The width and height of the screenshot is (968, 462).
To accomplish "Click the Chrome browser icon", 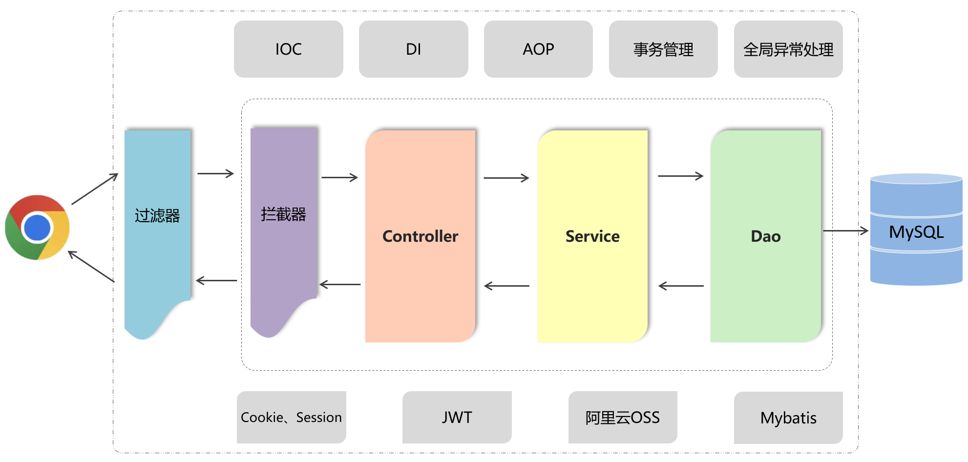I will (37, 228).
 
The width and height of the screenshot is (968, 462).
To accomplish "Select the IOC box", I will (288, 49).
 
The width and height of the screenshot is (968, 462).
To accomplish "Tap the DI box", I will (413, 49).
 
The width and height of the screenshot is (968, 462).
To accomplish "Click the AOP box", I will (538, 49).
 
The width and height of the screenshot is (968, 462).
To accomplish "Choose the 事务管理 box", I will (663, 49).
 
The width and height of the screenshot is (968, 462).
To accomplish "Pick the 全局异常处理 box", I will (788, 49).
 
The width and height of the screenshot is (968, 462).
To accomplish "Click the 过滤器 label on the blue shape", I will (157, 215).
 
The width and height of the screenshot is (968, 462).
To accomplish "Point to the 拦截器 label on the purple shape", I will (283, 214).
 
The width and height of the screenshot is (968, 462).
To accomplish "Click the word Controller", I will (420, 236).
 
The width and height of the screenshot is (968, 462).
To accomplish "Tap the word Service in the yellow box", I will (592, 236).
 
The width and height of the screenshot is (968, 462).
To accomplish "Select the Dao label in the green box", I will (765, 236).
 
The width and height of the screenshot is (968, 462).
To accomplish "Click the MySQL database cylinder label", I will (916, 231).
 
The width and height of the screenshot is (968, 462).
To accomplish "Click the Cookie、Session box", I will (292, 417).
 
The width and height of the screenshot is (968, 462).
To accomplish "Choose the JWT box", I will (457, 417).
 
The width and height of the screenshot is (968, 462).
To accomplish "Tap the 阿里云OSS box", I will (623, 417).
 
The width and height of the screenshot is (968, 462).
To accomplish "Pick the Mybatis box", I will (788, 418).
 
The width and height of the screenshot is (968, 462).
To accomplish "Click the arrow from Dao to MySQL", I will (845, 231).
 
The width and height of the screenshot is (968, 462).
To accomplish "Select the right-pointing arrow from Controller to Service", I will (506, 178).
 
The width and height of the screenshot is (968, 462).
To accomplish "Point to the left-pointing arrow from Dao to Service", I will (681, 286).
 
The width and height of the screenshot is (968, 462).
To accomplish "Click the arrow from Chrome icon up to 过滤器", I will (95, 189).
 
